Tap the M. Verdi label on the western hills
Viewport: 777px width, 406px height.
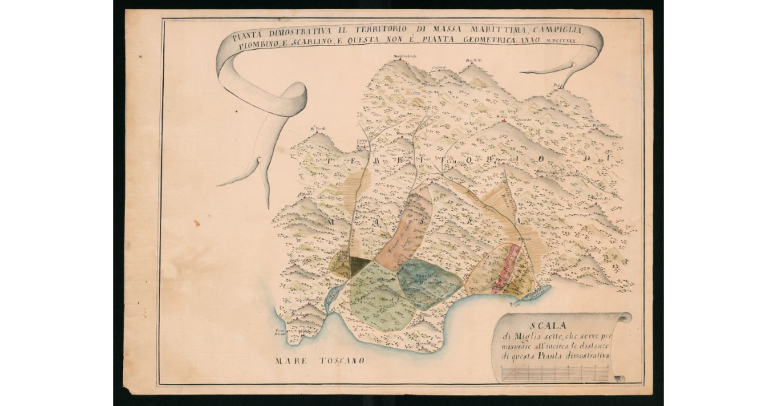click(x=317, y=128)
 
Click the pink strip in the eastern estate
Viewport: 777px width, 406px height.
click(x=505, y=268)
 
